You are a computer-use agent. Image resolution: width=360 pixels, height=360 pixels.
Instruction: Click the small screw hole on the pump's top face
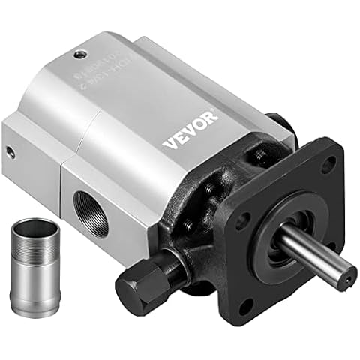coord(78,53)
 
